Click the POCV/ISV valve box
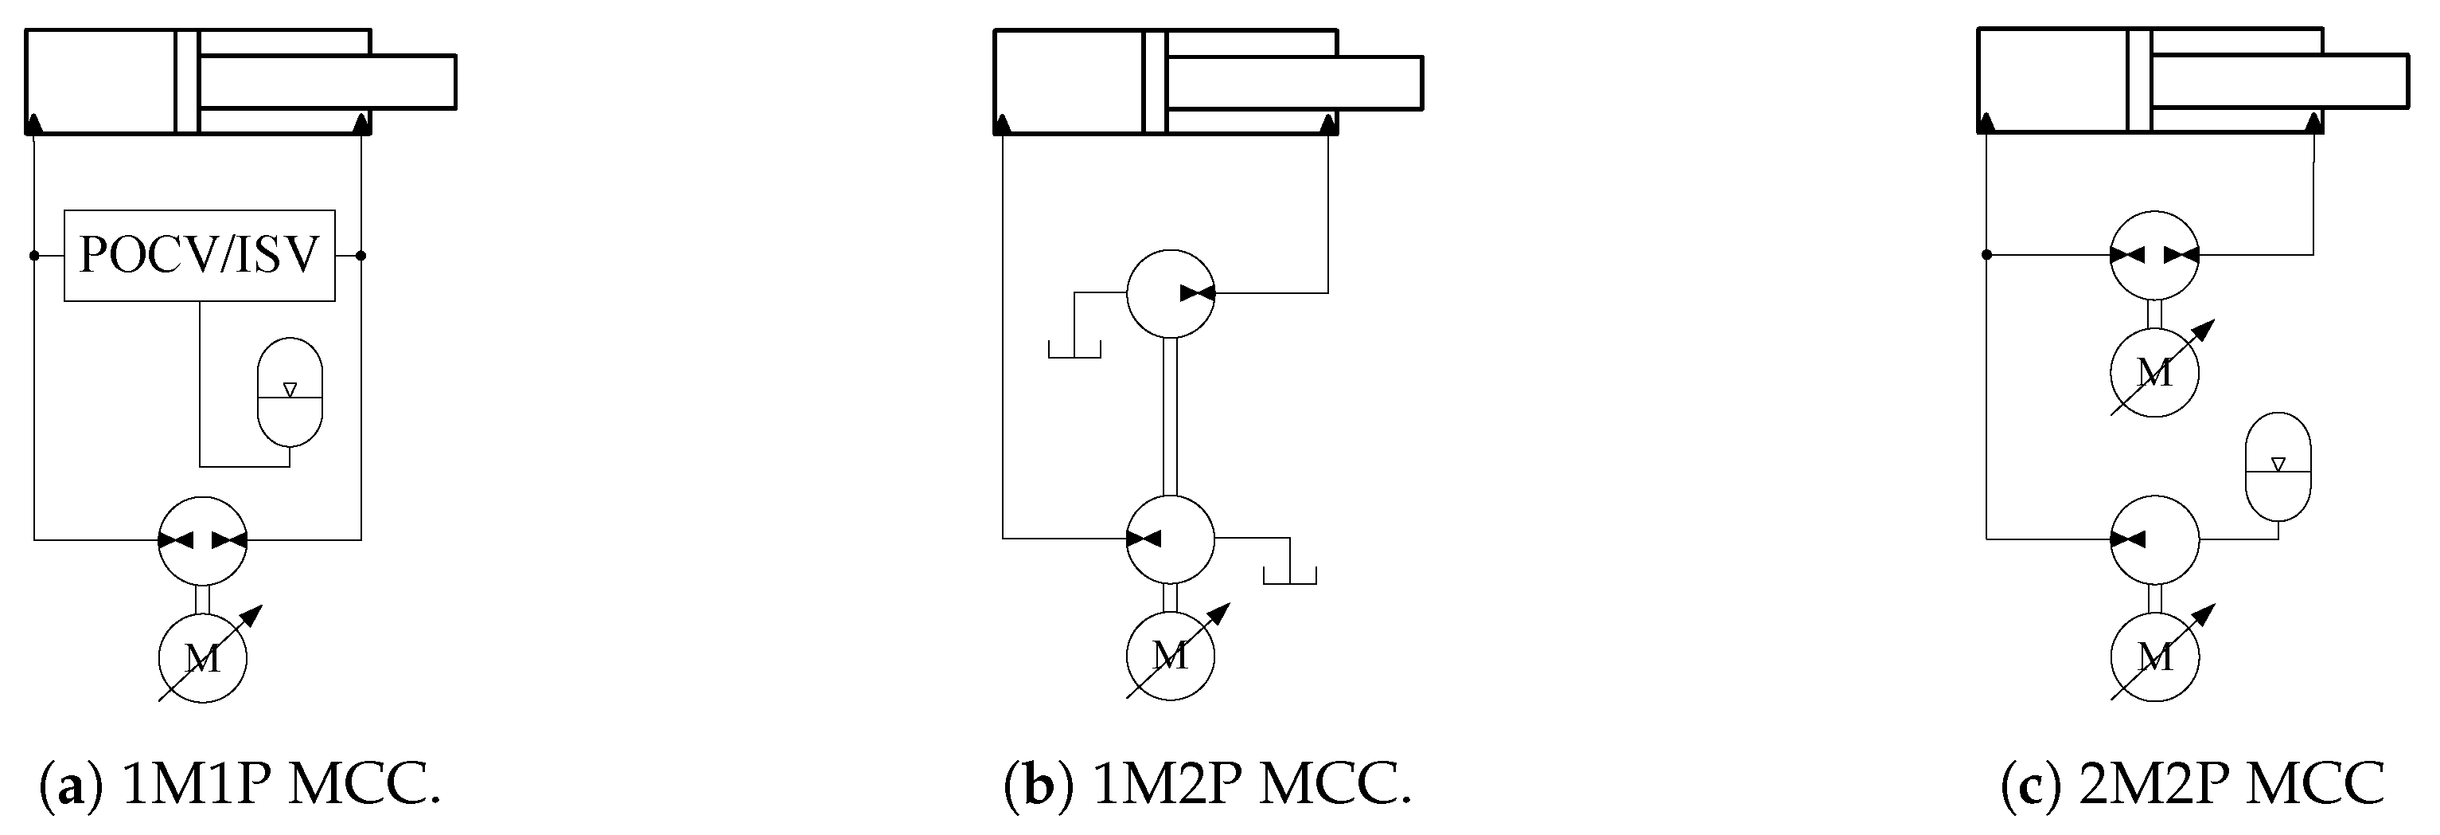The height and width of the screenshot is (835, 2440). point(199,255)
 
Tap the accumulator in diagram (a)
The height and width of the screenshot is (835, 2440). point(290,391)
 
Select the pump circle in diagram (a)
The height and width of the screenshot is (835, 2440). point(202,540)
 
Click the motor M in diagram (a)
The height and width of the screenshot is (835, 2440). point(202,657)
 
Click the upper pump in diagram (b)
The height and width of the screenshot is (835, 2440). point(1170,294)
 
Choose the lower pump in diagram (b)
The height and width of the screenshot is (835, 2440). point(1170,539)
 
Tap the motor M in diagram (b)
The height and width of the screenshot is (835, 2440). point(1170,655)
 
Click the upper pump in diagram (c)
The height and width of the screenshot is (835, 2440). point(2155,255)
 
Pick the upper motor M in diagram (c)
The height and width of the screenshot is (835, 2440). point(2155,372)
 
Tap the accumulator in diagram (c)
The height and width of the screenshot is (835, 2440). point(2278,465)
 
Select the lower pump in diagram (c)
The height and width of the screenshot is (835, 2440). point(2155,539)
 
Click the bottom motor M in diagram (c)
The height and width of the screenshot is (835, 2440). point(2155,656)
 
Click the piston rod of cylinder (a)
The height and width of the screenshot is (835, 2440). point(327,81)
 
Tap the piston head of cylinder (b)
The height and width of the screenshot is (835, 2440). point(1155,81)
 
